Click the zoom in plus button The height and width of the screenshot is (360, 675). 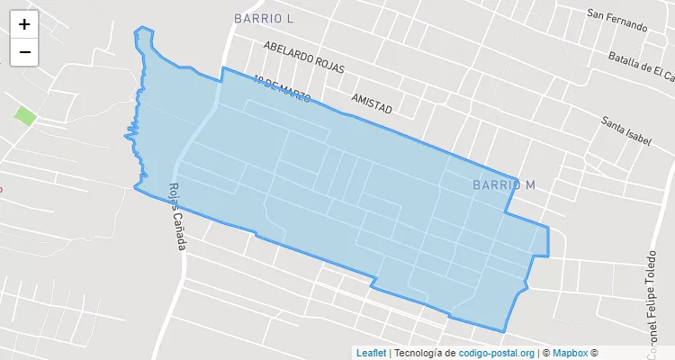(x=24, y=25)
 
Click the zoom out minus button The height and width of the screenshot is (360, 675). (x=24, y=52)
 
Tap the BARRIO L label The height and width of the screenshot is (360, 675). (x=264, y=18)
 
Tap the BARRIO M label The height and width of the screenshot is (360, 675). (x=503, y=184)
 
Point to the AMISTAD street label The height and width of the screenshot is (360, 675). (x=372, y=102)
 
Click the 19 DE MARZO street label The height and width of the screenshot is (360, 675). (x=282, y=87)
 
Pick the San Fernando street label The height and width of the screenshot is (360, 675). (x=616, y=20)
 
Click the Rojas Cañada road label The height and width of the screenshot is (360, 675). (x=176, y=217)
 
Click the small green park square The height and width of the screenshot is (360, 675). (x=25, y=115)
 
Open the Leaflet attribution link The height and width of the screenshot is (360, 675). (x=371, y=353)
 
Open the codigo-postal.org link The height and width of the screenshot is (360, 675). (x=496, y=353)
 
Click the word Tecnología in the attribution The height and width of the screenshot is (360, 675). (x=419, y=353)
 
